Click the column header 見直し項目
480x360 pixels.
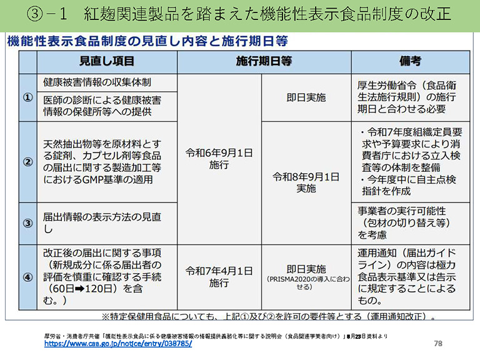click(106, 61)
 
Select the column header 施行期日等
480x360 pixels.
click(264, 61)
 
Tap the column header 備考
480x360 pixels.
click(410, 61)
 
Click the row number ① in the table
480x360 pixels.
click(27, 98)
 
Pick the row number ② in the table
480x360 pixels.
click(27, 162)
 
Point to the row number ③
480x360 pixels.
click(27, 223)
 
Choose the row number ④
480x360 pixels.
click(27, 277)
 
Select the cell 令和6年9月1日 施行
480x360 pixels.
click(219, 159)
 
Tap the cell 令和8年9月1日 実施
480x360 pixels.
click(306, 181)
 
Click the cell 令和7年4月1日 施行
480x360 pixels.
click(219, 277)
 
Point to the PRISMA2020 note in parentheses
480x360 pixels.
click(305, 283)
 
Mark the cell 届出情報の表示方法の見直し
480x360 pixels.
click(102, 223)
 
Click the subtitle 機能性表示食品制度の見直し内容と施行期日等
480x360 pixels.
click(147, 41)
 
